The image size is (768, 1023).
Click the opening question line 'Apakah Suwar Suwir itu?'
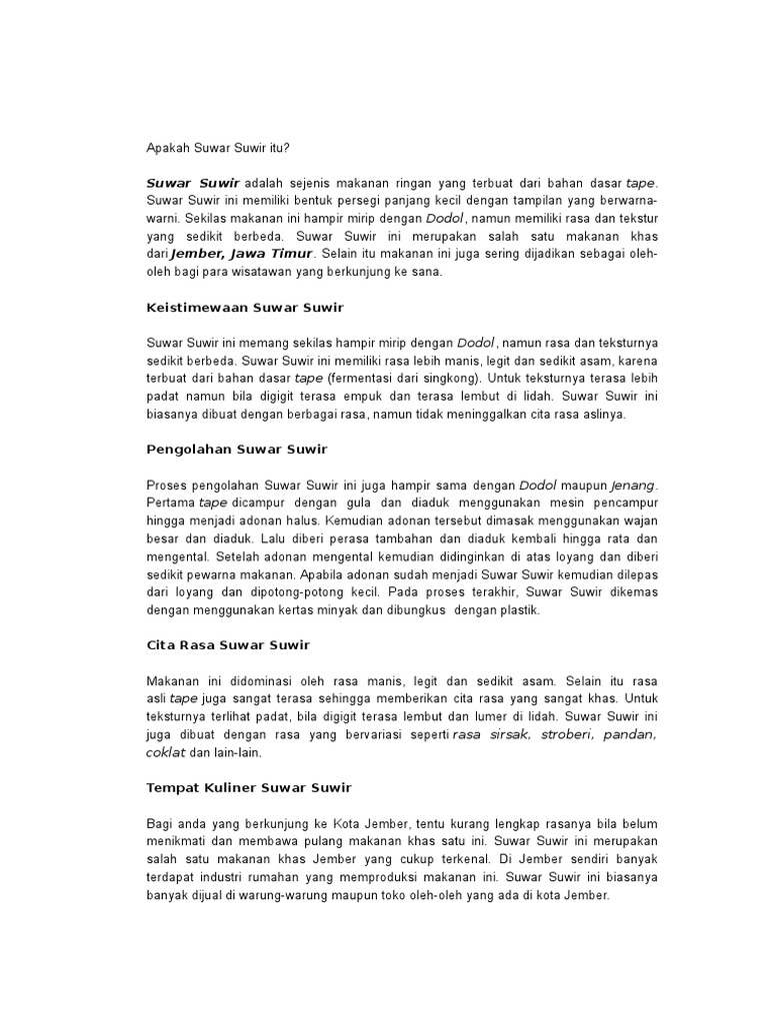(218, 147)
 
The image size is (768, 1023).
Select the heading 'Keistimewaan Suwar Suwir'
(245, 307)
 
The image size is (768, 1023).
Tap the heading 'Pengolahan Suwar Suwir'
(237, 449)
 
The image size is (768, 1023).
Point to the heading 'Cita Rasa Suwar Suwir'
(228, 644)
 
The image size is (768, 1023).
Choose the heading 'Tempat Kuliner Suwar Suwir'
(249, 787)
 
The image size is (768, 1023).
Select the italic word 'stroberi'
(565, 734)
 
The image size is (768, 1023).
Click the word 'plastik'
(517, 610)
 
